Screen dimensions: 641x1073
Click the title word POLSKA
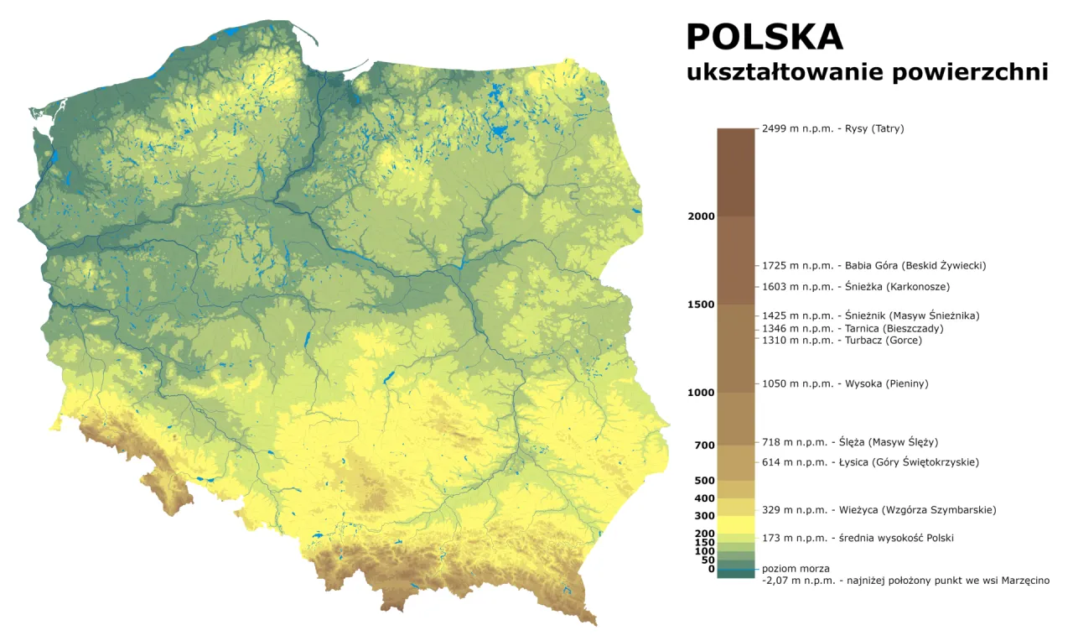coord(765,37)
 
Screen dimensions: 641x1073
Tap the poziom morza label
coord(796,569)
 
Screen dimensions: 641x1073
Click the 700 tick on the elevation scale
coord(703,445)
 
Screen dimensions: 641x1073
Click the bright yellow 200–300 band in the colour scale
coord(735,524)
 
